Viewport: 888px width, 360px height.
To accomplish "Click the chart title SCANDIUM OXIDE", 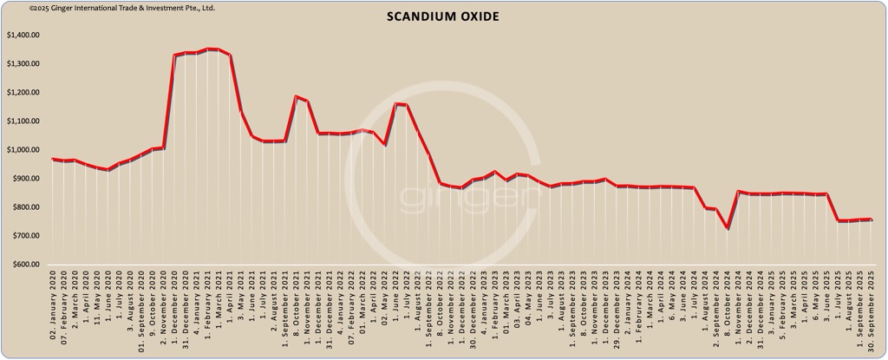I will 443,17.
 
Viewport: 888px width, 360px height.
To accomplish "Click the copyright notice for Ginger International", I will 108,8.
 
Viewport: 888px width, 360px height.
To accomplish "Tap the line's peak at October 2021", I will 296,96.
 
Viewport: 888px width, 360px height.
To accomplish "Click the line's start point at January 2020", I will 53,159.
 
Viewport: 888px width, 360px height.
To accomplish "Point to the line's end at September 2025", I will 871,219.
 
